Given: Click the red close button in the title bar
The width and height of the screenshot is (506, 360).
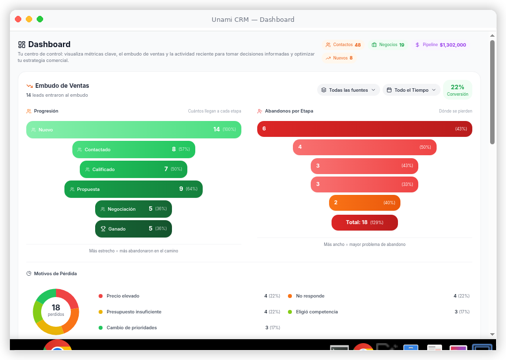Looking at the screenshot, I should click(18, 19).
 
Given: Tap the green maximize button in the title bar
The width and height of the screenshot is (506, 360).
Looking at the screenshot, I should click(40, 19).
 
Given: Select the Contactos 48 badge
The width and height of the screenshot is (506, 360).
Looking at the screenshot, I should click(343, 45).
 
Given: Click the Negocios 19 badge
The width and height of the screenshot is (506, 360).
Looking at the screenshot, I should click(388, 45).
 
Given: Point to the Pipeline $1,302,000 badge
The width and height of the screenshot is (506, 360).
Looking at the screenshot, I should click(440, 45).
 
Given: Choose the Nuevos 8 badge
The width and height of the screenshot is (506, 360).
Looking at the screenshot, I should click(339, 58).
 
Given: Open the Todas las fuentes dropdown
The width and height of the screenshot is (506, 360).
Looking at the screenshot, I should click(348, 90).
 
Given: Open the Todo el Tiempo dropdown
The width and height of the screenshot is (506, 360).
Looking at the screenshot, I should click(411, 90).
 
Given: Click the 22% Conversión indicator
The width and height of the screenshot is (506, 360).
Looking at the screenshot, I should click(457, 90).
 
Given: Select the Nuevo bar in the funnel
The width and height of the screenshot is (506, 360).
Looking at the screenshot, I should click(134, 129).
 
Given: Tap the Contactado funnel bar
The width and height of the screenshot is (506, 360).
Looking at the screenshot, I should click(134, 149).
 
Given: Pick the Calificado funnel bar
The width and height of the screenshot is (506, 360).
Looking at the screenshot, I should click(133, 169).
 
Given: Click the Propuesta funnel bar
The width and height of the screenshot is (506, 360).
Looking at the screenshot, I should click(133, 189).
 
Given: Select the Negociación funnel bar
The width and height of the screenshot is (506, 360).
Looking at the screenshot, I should click(133, 209).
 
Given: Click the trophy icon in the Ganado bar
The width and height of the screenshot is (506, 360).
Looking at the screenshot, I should click(103, 229).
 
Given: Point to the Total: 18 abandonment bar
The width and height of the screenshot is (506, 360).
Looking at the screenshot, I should click(364, 223).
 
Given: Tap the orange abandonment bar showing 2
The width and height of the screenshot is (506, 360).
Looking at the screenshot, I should click(364, 203).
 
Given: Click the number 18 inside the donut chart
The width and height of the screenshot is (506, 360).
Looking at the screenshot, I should click(56, 308).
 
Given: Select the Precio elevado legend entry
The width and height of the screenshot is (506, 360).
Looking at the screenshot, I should click(122, 296).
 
